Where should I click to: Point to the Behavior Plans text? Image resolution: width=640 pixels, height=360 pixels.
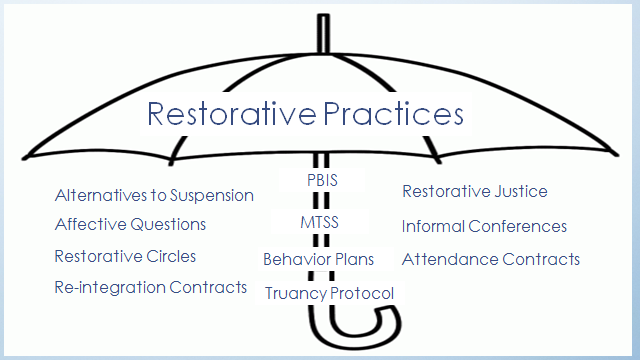tap(318, 259)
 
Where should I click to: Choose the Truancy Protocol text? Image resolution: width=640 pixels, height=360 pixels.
tap(329, 293)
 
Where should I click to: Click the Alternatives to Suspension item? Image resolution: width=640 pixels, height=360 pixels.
tap(154, 195)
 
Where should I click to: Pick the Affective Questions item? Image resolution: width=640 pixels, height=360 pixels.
tap(130, 224)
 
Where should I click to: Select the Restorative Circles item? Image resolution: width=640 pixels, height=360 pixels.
tap(125, 256)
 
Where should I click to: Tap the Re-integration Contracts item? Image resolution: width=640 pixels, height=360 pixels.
tap(150, 287)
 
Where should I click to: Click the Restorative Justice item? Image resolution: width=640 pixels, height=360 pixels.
tap(474, 191)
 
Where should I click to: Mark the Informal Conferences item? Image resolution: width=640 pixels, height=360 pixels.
tap(484, 226)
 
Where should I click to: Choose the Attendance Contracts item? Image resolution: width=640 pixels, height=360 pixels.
tap(490, 259)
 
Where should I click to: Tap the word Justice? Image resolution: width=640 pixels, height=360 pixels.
tap(520, 191)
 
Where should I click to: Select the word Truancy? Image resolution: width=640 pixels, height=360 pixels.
tap(295, 293)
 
